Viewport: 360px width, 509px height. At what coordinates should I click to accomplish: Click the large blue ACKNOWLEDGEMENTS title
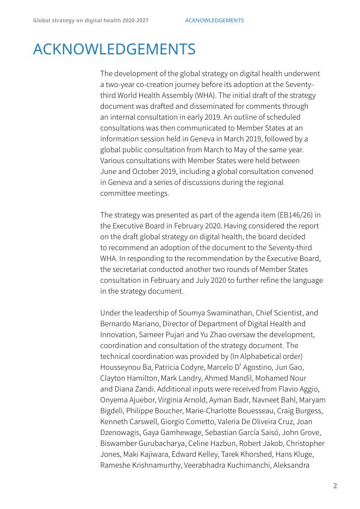(114, 49)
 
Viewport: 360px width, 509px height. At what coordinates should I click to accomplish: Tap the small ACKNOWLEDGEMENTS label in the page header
(214, 21)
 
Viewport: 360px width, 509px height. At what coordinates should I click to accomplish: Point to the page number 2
(335, 486)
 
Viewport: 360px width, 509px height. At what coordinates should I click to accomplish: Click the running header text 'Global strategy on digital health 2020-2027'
(91, 21)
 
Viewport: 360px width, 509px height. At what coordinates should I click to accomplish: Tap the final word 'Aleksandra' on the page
(291, 465)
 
